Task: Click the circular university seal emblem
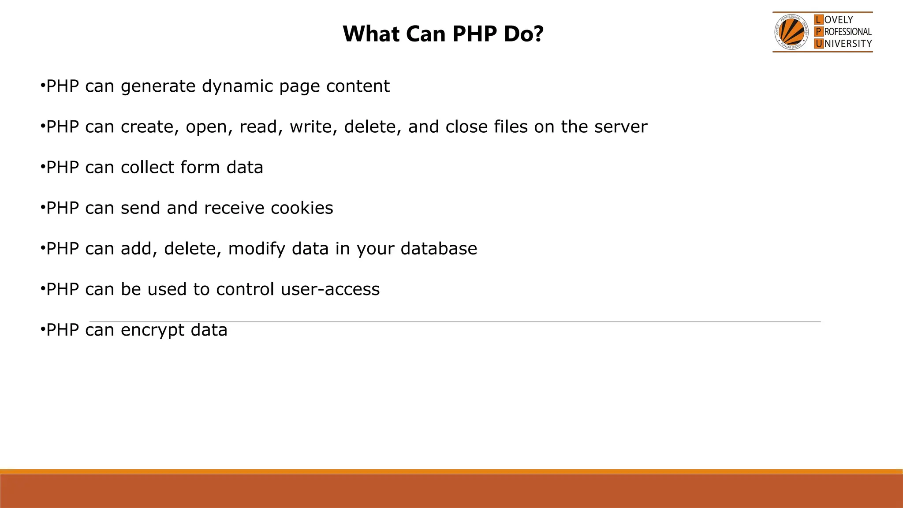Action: coord(791,32)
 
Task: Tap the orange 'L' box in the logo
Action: coord(818,20)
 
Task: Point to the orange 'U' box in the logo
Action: coord(818,44)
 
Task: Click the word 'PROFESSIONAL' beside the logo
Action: coord(848,32)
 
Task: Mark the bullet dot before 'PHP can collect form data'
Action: coord(42,166)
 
